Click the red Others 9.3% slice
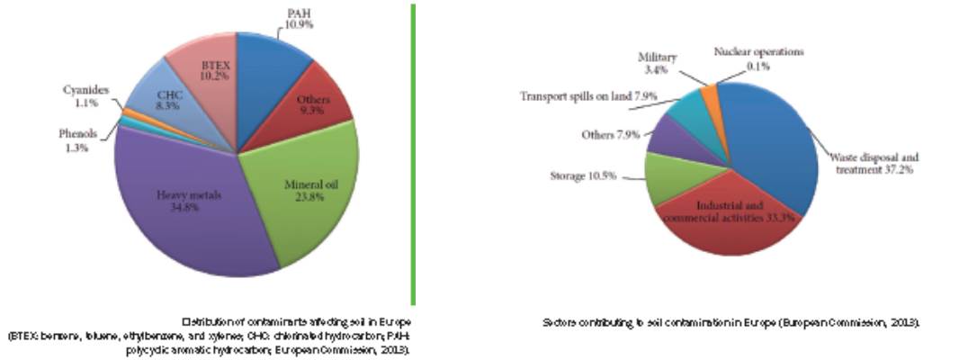coord(314,107)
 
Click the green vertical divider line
coord(413,153)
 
